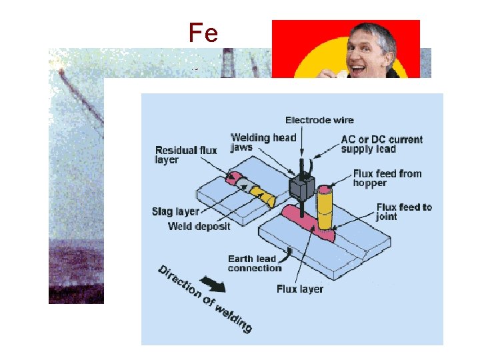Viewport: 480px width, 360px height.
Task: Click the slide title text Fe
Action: pyautogui.click(x=203, y=33)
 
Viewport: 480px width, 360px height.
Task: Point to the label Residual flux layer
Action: pyautogui.click(x=186, y=155)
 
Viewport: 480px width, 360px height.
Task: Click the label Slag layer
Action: pyautogui.click(x=175, y=212)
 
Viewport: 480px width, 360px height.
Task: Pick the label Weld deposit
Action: pyautogui.click(x=199, y=227)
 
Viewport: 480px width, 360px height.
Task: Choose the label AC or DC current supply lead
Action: pyautogui.click(x=381, y=144)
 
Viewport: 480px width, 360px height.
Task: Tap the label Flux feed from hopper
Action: pyautogui.click(x=387, y=178)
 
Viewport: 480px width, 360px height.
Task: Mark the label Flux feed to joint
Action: pyautogui.click(x=404, y=211)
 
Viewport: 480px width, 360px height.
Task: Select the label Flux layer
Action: pyautogui.click(x=300, y=289)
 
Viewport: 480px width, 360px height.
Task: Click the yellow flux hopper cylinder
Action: pyautogui.click(x=325, y=206)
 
